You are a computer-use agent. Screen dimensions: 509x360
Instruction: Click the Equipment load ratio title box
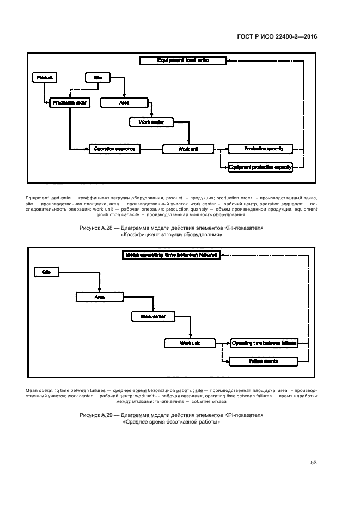(x=182, y=61)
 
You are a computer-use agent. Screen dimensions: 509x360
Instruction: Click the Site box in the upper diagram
(x=98, y=78)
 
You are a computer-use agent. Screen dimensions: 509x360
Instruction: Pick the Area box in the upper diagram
(x=124, y=102)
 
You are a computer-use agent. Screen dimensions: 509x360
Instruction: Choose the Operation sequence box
(x=115, y=149)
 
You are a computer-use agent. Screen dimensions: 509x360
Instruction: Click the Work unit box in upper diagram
(x=188, y=149)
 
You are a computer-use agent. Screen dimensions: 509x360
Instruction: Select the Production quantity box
(x=260, y=149)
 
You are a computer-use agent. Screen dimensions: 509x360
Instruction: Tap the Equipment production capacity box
(x=260, y=168)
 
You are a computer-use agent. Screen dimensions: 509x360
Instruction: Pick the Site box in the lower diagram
(x=46, y=271)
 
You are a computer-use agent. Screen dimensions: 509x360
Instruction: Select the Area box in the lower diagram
(x=99, y=297)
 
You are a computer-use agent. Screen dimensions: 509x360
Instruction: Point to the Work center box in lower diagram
(x=152, y=316)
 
